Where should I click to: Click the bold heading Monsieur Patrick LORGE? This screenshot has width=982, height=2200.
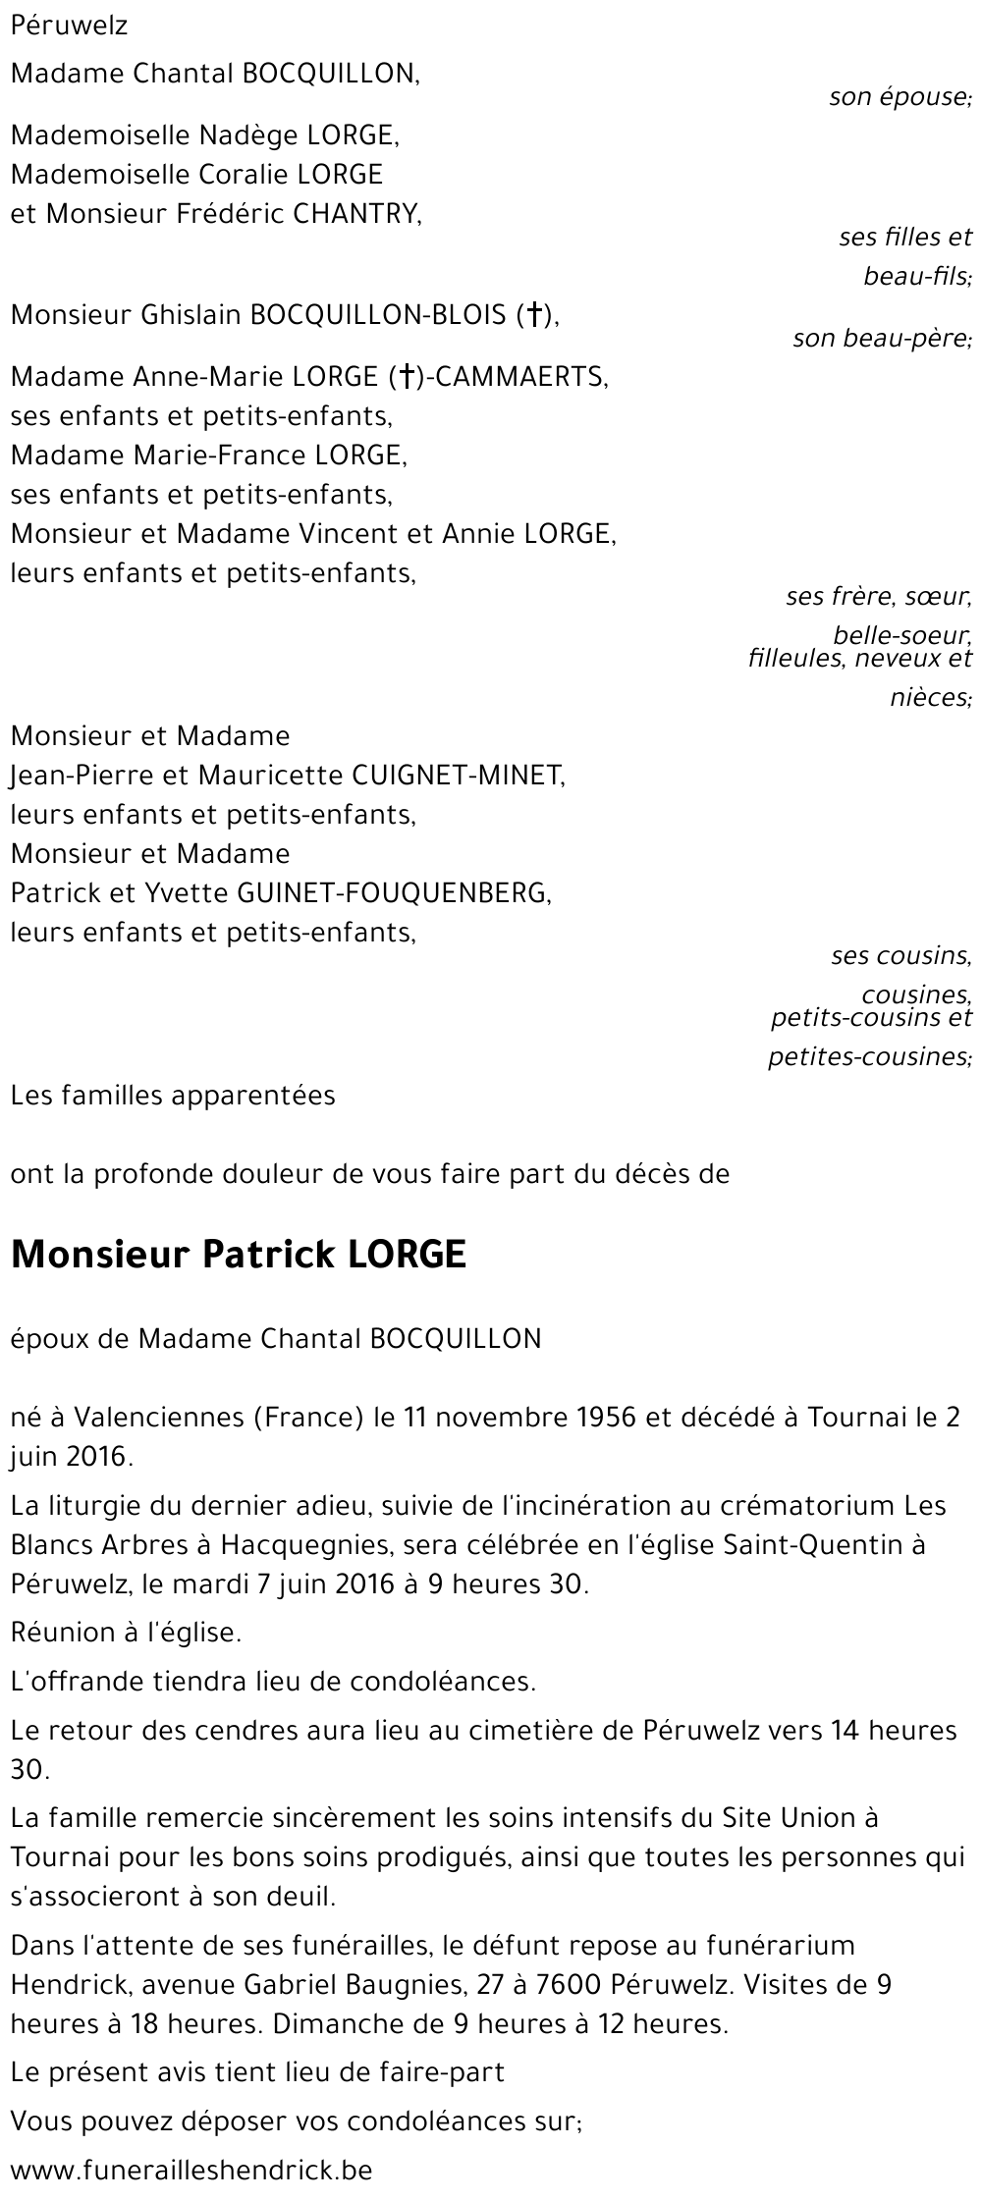point(238,1256)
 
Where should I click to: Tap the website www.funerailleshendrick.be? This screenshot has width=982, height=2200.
point(191,2171)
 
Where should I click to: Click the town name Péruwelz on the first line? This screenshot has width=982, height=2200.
point(69,27)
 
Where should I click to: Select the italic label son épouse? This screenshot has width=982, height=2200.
point(900,97)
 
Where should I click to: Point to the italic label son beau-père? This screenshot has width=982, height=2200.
point(882,339)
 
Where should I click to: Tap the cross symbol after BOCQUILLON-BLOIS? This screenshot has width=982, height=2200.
point(534,315)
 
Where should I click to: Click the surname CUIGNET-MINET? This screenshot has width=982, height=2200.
point(456,776)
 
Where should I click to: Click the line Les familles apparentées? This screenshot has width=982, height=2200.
point(173,1096)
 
